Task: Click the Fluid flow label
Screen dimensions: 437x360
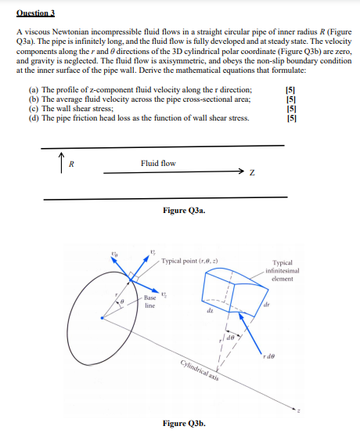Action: pyautogui.click(x=158, y=163)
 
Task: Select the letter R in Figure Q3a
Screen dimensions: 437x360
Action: pyautogui.click(x=71, y=164)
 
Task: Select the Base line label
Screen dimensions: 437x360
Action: pyautogui.click(x=150, y=302)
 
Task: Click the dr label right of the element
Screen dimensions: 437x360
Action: pyautogui.click(x=288, y=305)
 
